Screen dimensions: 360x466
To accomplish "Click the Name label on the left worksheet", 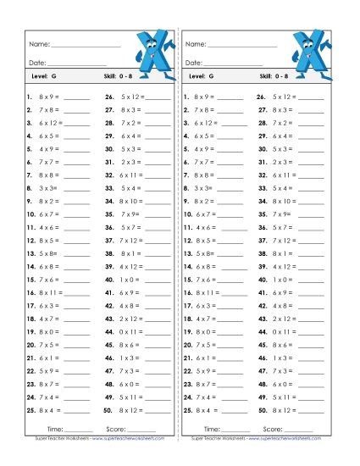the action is (39, 43).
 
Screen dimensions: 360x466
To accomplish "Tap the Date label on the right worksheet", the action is (193, 63).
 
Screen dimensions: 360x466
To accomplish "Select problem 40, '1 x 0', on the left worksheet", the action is (129, 279).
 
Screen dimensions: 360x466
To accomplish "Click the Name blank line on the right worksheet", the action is (241, 45).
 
